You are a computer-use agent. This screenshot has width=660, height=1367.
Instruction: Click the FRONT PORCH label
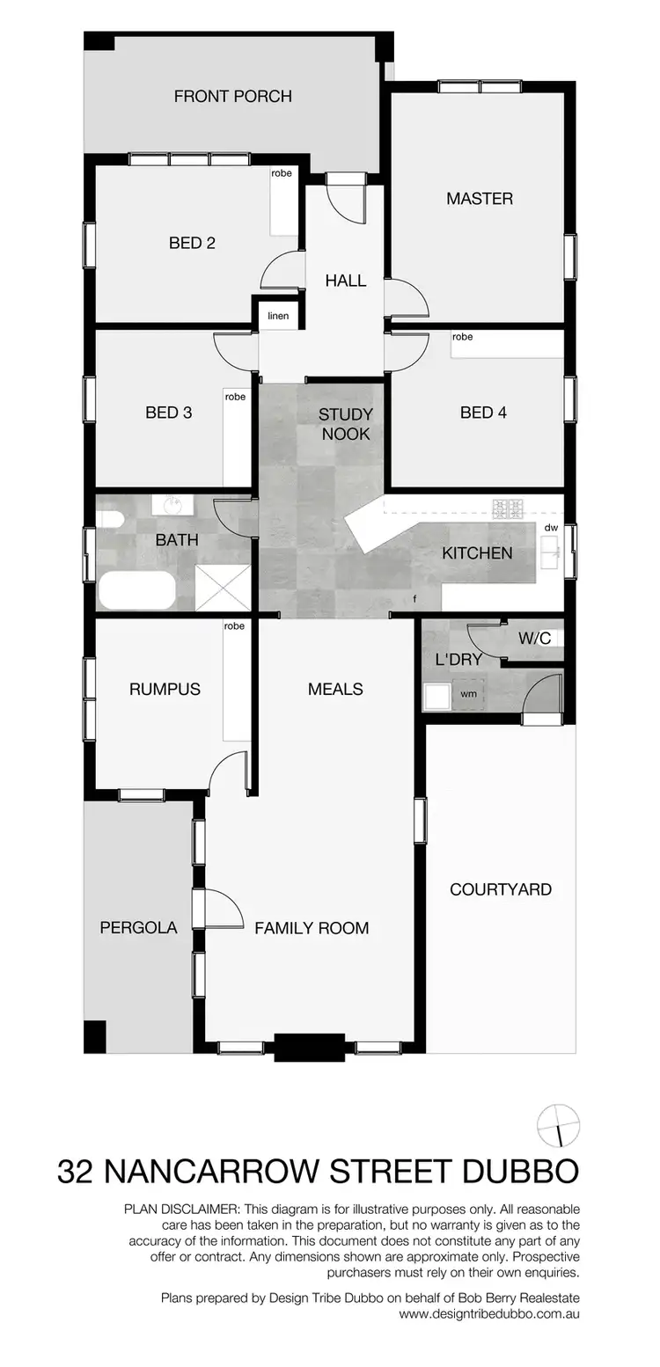tap(232, 96)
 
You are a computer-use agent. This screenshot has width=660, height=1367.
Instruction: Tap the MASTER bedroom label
tap(479, 199)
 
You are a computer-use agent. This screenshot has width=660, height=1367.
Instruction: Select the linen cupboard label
tap(278, 316)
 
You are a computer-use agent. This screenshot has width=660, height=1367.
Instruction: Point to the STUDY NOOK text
tap(345, 424)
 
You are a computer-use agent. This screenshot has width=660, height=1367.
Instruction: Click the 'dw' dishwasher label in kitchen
tap(551, 528)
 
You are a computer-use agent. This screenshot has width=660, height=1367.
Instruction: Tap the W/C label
tap(534, 638)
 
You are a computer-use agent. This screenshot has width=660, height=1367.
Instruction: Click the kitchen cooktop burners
tap(509, 508)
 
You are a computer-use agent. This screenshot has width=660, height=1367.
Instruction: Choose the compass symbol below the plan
tap(559, 1125)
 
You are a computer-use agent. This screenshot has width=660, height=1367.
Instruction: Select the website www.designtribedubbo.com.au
tap(489, 1314)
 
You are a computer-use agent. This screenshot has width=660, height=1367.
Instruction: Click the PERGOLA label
tap(138, 927)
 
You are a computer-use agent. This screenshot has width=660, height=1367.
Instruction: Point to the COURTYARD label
tap(501, 889)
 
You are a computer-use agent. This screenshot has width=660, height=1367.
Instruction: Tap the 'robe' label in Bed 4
tap(462, 337)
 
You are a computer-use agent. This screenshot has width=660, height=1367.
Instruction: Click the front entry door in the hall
tap(345, 197)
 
